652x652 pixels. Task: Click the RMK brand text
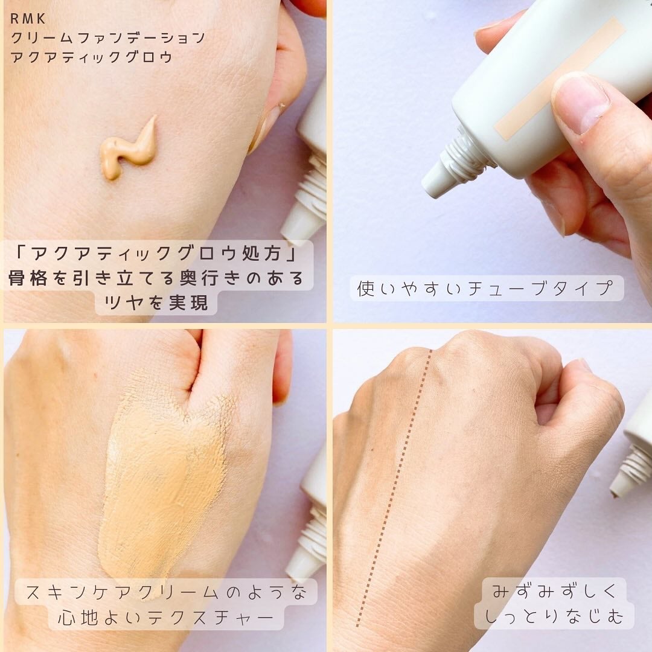pos(28,19)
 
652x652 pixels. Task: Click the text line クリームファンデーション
pos(108,38)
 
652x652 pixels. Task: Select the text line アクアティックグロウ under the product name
pos(92,57)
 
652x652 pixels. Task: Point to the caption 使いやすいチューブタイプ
pos(486,289)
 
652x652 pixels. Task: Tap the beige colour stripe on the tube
pos(558,78)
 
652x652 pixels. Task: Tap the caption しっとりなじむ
pos(554,616)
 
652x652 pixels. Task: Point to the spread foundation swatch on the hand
pos(163,477)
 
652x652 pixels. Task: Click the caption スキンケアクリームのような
pos(166,592)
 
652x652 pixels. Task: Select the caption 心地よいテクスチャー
pos(166,618)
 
